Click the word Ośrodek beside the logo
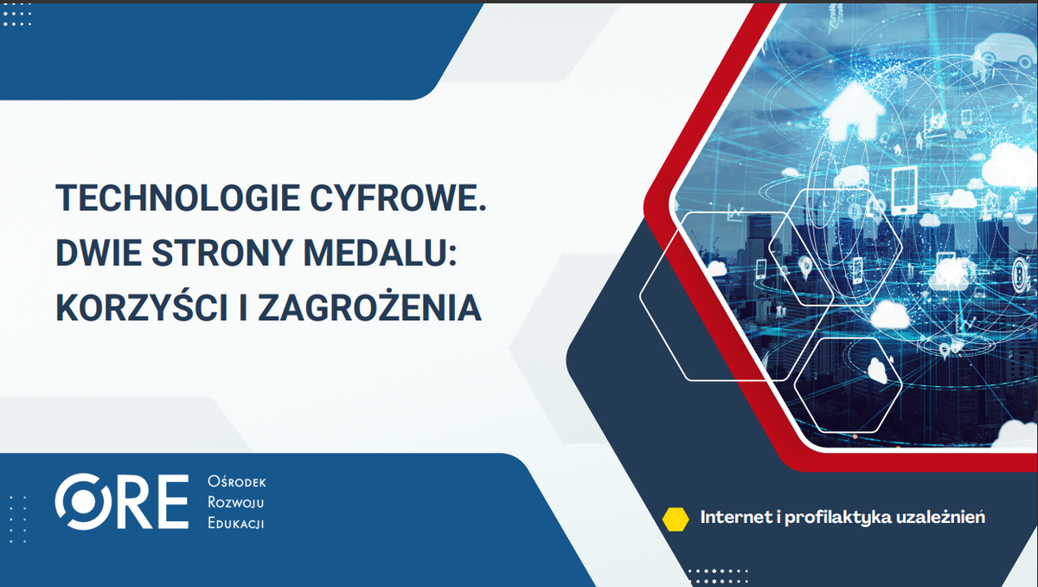[x=237, y=482]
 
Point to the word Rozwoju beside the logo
[x=236, y=503]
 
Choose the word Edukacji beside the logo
[x=236, y=524]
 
